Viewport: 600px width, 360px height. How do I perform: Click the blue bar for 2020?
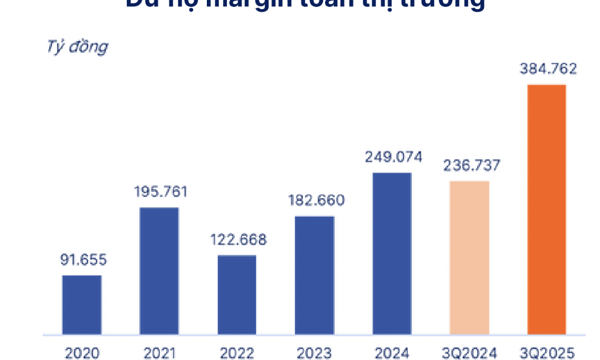[82, 305]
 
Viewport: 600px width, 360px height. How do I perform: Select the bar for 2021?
[159, 271]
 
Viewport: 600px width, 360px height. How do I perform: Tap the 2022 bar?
[237, 294]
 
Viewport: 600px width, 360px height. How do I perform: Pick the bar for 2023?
[315, 275]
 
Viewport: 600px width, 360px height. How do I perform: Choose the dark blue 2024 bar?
[392, 253]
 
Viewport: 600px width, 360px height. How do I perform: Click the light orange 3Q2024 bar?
[470, 257]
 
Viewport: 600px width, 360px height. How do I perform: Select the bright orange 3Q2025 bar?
[547, 209]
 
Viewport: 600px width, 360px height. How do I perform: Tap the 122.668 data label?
[238, 239]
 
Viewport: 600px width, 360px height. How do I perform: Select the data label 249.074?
[394, 157]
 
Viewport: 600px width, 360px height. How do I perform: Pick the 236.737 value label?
[471, 166]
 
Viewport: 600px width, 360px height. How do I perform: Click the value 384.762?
[549, 69]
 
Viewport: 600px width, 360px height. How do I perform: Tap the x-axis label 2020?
[82, 353]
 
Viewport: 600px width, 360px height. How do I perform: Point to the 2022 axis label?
[237, 353]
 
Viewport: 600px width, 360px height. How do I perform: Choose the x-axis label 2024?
[392, 353]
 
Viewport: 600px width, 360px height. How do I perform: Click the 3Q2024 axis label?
[470, 353]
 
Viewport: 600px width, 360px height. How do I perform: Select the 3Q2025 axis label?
[547, 353]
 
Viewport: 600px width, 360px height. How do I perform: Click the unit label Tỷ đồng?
[77, 47]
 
